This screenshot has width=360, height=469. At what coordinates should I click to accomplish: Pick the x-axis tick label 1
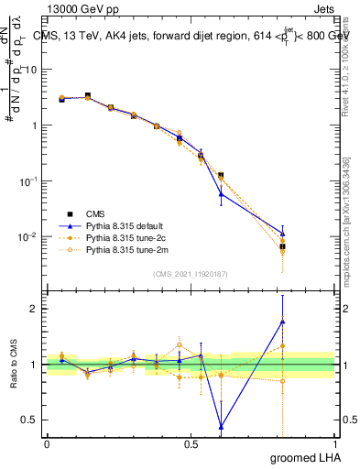[334, 443]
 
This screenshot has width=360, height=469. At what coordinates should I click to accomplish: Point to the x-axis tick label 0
[47, 443]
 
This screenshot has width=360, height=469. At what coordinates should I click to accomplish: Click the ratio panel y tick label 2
[35, 309]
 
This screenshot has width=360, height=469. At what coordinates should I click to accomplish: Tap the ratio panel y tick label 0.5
[31, 420]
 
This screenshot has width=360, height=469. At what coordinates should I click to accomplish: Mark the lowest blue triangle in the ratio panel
[221, 426]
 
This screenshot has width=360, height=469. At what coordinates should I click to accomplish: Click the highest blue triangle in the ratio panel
[283, 322]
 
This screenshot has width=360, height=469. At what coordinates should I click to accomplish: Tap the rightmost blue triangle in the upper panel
[283, 234]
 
